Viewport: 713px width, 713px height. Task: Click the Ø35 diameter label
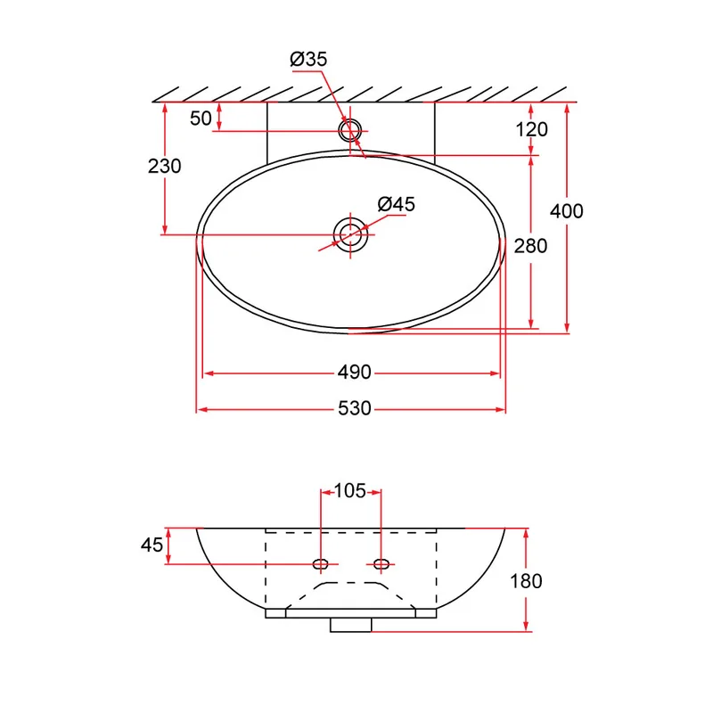308,59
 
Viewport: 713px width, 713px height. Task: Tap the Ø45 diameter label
396,204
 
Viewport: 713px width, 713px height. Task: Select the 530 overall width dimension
355,408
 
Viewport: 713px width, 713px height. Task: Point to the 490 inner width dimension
354,373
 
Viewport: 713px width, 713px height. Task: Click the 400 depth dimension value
567,211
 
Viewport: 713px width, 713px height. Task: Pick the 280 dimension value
530,246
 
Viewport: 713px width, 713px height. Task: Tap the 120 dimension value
531,129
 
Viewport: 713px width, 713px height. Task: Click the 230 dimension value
165,166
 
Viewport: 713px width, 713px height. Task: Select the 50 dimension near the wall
201,119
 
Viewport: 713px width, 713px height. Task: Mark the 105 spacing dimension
350,491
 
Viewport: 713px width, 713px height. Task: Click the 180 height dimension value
526,581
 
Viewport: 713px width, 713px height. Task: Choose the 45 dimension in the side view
152,545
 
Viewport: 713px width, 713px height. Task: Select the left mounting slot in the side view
321,564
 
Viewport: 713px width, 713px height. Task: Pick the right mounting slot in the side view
381,564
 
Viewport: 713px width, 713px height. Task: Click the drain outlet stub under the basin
350,625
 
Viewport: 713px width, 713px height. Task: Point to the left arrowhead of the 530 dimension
202,410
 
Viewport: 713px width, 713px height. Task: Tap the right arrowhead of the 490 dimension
495,373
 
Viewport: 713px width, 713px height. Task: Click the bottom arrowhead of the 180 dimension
526,627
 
